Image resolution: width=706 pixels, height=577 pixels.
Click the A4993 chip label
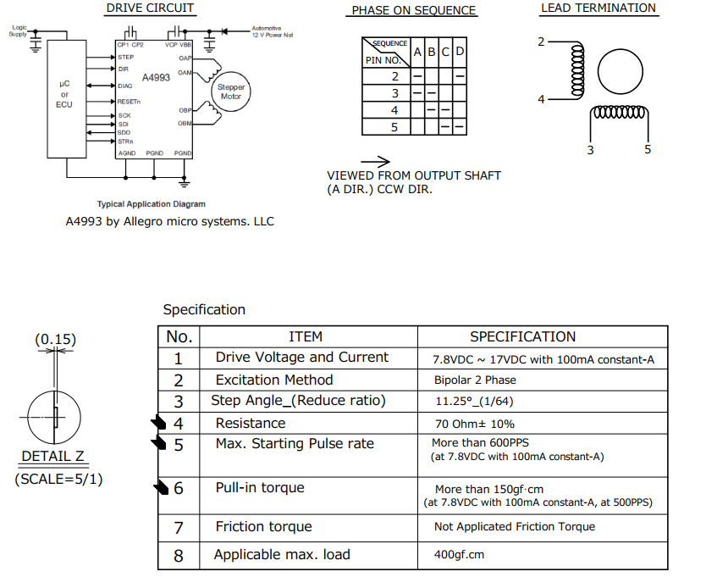pos(156,77)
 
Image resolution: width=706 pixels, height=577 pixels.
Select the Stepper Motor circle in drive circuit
pos(231,92)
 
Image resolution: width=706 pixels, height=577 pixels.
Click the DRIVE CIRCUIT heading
pos(150,8)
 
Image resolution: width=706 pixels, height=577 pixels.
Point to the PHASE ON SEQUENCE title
pos(414,11)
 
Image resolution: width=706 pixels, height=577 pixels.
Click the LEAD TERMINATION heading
pos(598,8)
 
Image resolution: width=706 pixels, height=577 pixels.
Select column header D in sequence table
pos(460,53)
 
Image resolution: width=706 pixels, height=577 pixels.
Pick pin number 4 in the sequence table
pos(394,110)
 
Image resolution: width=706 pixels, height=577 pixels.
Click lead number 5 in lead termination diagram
pos(648,149)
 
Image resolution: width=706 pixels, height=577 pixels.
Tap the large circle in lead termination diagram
pos(622,75)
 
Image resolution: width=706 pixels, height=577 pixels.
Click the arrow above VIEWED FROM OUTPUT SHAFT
pos(375,161)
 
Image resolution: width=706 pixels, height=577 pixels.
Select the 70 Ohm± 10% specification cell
pos(474,424)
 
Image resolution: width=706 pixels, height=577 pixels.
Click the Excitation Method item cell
pos(273,380)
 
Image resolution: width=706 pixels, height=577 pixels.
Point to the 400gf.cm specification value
pos(459,555)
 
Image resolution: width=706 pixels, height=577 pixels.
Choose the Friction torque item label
pos(263,527)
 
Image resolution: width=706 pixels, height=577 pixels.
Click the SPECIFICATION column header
pos(522,336)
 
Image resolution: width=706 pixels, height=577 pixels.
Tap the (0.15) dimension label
pos(55,340)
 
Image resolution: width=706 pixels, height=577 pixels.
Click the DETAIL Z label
pos(53,457)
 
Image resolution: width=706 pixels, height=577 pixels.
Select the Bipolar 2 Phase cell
pos(475,380)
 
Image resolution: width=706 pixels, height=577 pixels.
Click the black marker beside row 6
pos(162,487)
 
